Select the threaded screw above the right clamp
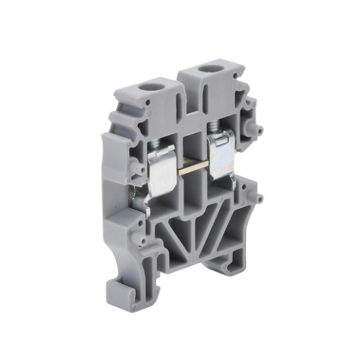click(x=217, y=129)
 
